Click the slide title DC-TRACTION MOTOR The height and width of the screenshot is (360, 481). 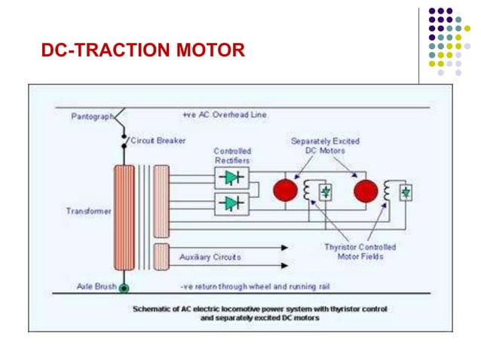(143, 51)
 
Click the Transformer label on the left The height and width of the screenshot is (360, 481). (89, 212)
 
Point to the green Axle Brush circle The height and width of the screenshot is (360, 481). (124, 287)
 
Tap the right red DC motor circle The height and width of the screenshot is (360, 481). (366, 191)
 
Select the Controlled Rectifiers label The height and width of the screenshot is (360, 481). (231, 156)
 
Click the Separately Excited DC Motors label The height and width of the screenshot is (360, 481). (325, 146)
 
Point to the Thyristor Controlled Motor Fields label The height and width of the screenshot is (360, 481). (360, 252)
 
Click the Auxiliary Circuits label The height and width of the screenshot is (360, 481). (210, 257)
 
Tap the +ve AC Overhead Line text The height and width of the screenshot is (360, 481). (224, 115)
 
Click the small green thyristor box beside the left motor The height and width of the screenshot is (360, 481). (326, 192)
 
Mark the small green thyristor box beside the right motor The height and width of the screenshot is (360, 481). (406, 193)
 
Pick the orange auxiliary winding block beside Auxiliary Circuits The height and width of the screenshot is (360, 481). (161, 256)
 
